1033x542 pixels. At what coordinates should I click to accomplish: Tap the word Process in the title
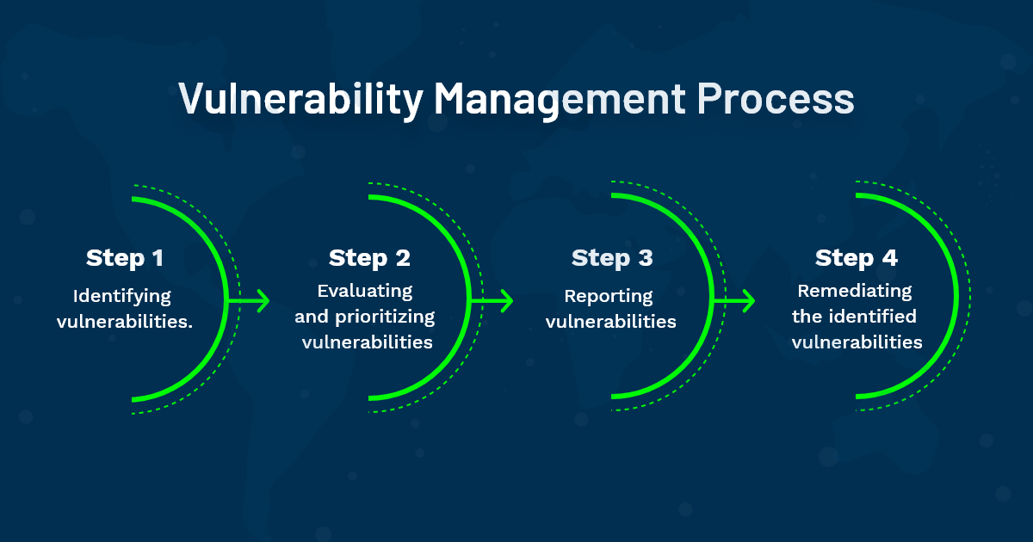pos(775,99)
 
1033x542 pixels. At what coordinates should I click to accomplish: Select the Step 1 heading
pos(125,258)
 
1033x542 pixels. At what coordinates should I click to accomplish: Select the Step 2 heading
pos(369,258)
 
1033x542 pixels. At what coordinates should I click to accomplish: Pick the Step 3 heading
pos(612,258)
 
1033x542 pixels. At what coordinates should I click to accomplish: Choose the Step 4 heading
pos(856,258)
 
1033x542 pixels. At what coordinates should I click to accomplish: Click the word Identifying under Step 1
pos(122,297)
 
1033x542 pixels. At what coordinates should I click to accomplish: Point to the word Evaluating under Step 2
pos(365,291)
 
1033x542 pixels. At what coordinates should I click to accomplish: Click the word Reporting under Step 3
pos(609,297)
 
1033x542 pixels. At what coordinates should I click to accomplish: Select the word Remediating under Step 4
pos(854,291)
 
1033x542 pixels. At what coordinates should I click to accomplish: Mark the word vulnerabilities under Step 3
pos(611,323)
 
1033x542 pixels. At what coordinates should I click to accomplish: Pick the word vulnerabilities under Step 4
pos(857,342)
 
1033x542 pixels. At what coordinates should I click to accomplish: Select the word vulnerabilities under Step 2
pos(366,342)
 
